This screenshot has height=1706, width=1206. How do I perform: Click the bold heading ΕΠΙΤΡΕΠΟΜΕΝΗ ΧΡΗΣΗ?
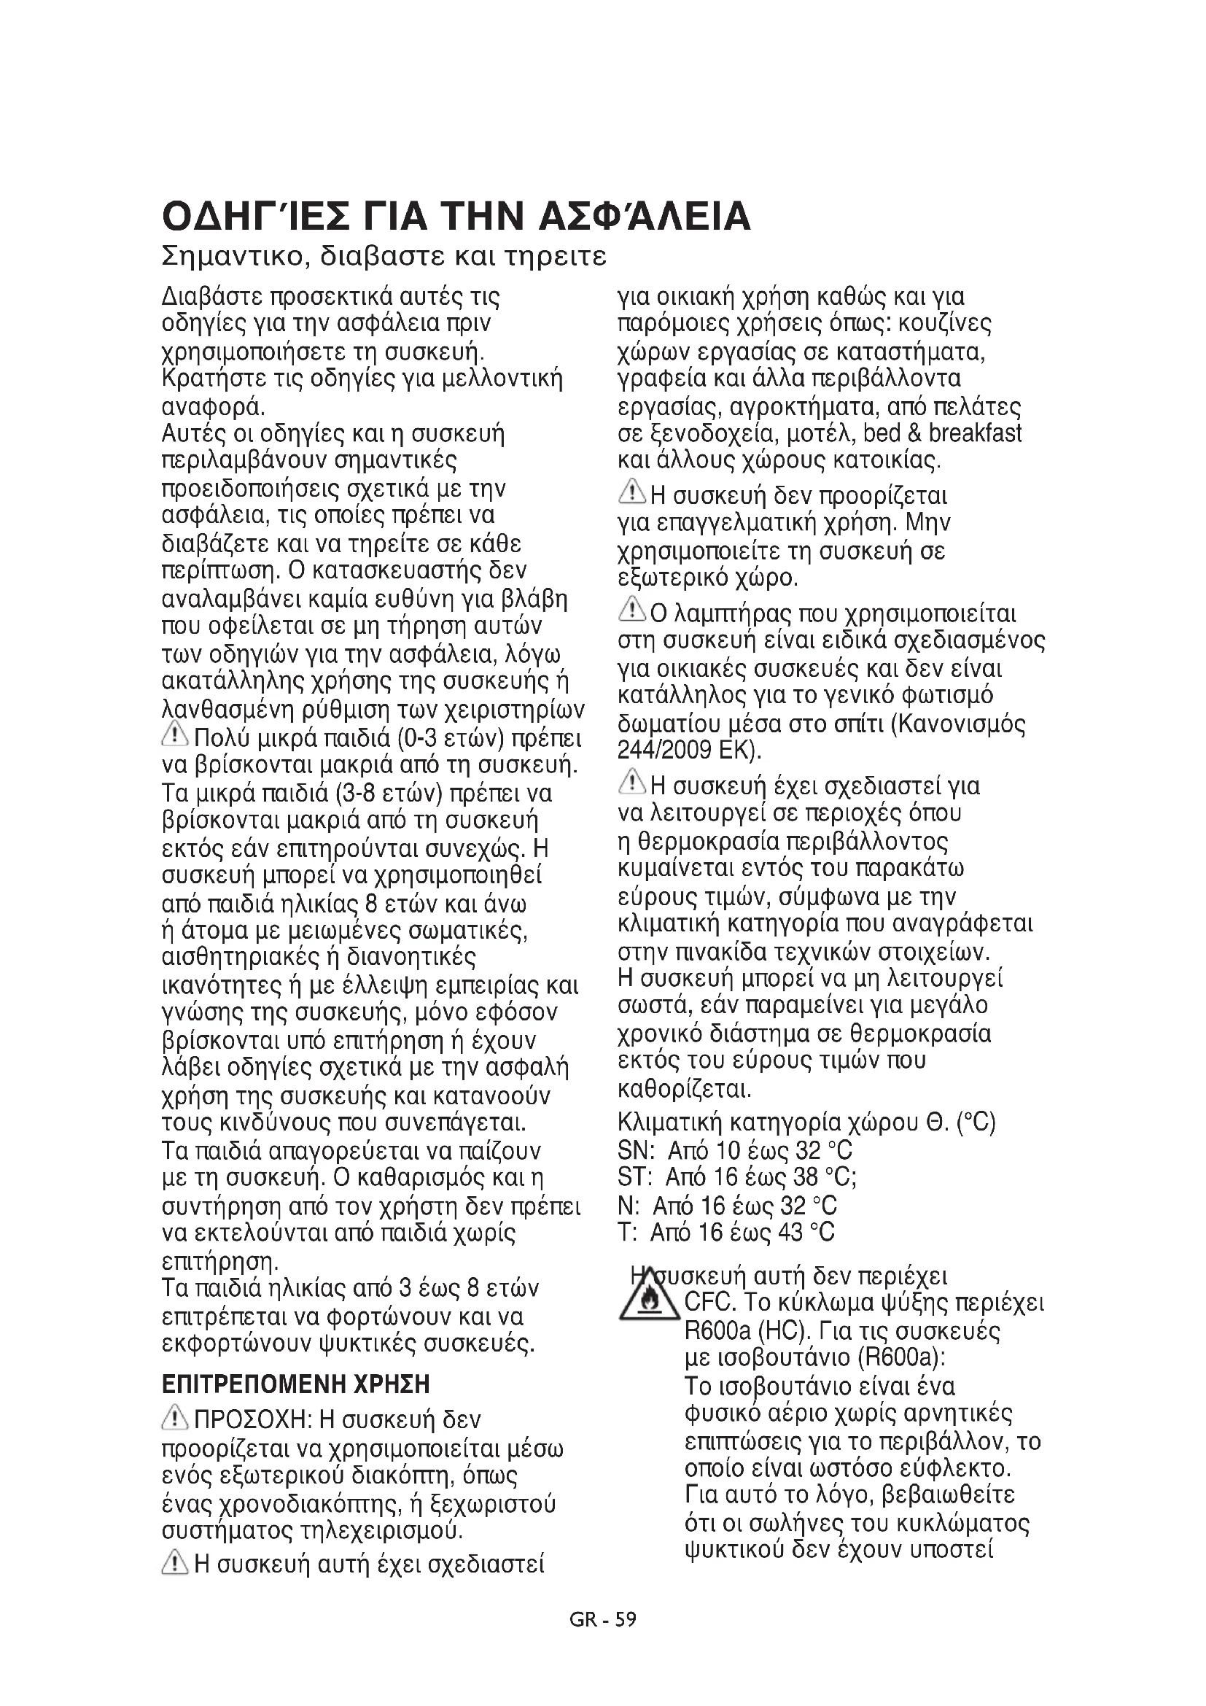295,1386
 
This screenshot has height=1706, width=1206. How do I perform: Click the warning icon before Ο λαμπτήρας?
632,610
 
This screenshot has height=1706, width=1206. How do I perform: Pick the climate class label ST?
635,1179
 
